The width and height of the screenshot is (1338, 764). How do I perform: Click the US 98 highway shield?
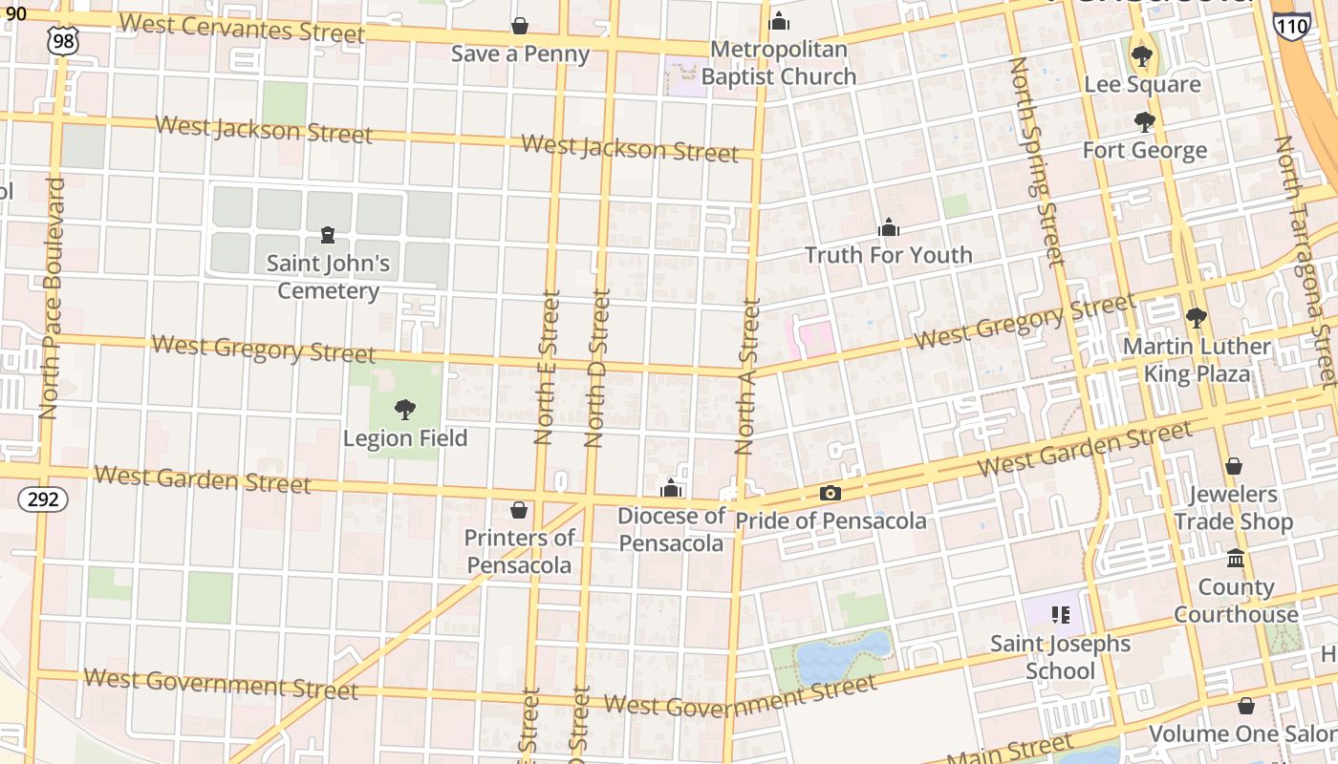pos(62,39)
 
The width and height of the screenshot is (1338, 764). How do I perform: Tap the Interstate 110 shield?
pos(1291,25)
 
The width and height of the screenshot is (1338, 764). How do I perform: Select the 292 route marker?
pos(43,498)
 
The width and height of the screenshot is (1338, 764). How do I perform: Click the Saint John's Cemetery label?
pos(328,276)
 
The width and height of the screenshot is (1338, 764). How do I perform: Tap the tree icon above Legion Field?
pos(405,410)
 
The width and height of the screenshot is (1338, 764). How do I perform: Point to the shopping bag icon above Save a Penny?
pos(520,26)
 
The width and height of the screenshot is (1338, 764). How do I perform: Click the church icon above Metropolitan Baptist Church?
pos(779,21)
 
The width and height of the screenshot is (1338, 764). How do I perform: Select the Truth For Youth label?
pos(888,255)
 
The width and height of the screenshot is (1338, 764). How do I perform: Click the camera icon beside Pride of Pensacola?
pos(831,494)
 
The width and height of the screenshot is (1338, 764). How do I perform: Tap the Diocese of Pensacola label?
pos(671,529)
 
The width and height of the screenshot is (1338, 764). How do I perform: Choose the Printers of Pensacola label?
pos(519,551)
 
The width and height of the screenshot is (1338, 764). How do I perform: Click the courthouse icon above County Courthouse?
pos(1236,558)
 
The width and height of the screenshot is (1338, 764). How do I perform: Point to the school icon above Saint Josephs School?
pos(1059,614)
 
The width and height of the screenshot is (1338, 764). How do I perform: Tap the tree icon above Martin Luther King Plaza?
pos(1196,318)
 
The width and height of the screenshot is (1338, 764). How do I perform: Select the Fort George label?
pos(1144,150)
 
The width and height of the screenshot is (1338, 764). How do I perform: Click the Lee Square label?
pos(1142,84)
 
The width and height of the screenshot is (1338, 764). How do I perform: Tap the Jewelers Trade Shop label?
pos(1233,507)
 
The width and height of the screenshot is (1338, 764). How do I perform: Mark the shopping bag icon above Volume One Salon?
pos(1246,706)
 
